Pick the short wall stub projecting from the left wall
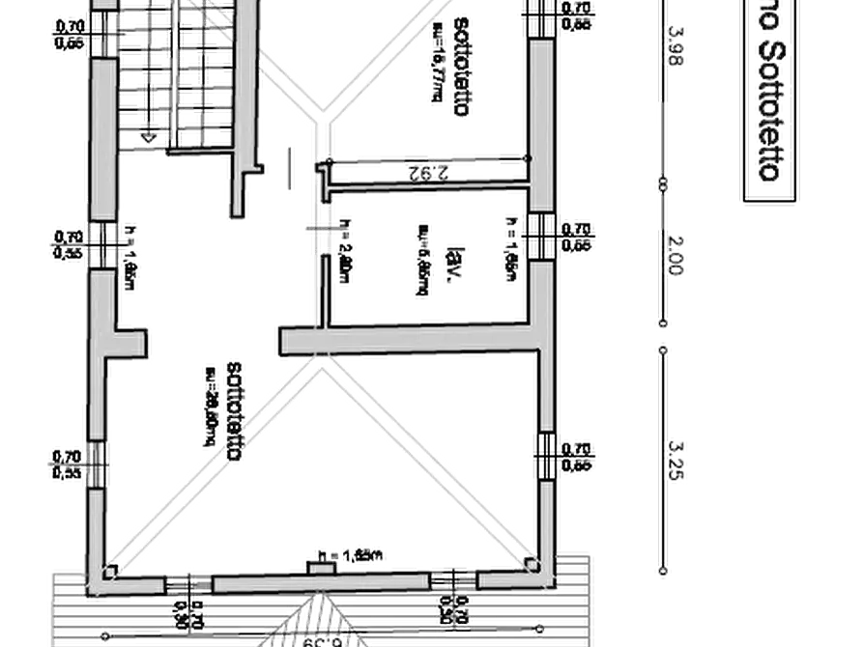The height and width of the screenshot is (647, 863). coord(129,341)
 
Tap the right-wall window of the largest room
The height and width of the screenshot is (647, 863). coord(546,456)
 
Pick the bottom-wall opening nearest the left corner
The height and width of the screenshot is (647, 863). coord(189,584)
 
